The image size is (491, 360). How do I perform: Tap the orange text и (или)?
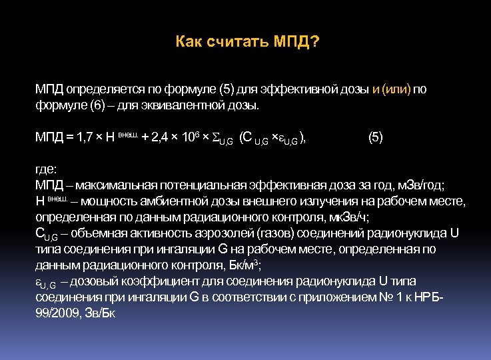point(392,90)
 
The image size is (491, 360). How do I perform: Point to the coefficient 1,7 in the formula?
point(85,138)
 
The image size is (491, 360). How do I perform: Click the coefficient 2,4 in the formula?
point(163,138)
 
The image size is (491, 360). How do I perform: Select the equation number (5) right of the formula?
point(376,137)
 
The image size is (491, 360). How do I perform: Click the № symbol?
point(386,297)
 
